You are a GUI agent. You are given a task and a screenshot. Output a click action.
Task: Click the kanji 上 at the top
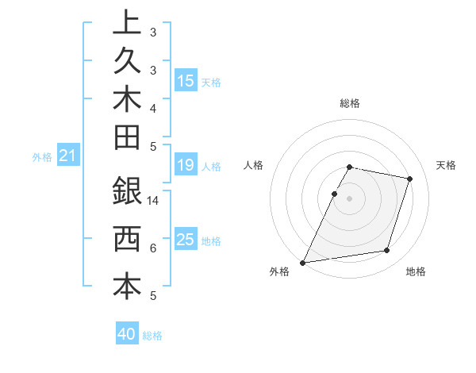[127, 22]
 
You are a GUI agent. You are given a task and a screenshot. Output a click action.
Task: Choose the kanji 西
[127, 239]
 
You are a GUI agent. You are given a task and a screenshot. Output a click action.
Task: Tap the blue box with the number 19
[186, 165]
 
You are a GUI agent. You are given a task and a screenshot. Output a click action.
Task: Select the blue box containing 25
[186, 240]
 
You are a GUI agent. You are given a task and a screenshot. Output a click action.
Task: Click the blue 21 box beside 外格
[67, 156]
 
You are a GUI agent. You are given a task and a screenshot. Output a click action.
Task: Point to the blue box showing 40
[127, 334]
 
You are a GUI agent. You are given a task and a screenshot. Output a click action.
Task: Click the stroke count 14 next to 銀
[153, 202]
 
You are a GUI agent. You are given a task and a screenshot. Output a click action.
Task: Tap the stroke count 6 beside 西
[152, 248]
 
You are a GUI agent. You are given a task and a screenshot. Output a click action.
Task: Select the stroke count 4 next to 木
[152, 108]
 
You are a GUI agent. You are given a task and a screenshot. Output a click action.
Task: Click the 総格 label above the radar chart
[350, 103]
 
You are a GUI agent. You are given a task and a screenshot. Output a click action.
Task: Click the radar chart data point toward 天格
[410, 179]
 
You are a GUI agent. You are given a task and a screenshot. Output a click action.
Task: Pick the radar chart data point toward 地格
[387, 251]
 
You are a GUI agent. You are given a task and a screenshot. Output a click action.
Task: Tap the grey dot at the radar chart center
[349, 198]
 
